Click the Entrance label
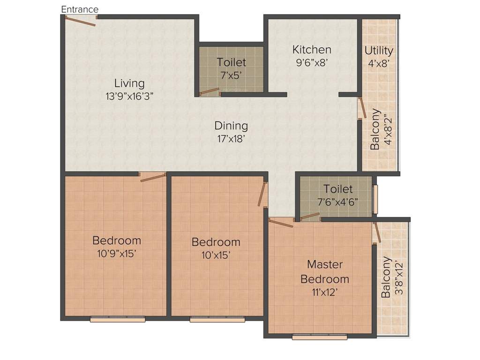click(x=80, y=9)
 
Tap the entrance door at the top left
click(x=81, y=20)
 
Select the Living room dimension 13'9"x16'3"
click(x=129, y=96)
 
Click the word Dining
click(x=231, y=126)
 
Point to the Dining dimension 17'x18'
click(x=231, y=138)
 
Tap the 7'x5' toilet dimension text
click(x=231, y=75)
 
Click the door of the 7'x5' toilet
click(x=209, y=91)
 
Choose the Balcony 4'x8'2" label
click(x=381, y=129)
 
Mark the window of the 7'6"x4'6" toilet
click(x=375, y=199)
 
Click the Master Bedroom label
click(x=325, y=272)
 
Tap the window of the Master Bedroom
click(x=319, y=337)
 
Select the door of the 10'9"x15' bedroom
click(x=153, y=177)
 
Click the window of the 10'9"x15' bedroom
click(x=118, y=320)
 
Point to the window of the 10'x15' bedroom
click(x=217, y=320)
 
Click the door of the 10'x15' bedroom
click(x=262, y=194)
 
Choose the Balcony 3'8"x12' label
click(x=391, y=277)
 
